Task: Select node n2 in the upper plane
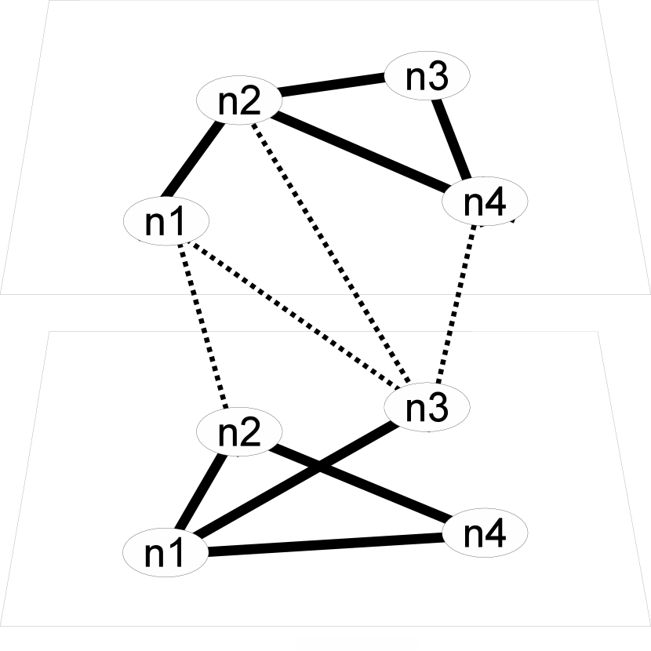(238, 101)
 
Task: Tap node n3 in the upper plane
(427, 75)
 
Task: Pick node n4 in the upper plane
(486, 202)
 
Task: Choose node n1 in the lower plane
(166, 554)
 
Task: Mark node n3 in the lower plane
(427, 406)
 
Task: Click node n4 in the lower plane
(486, 534)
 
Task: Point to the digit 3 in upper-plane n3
(438, 76)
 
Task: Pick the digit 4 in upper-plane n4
(496, 203)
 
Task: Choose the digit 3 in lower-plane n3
(438, 407)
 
